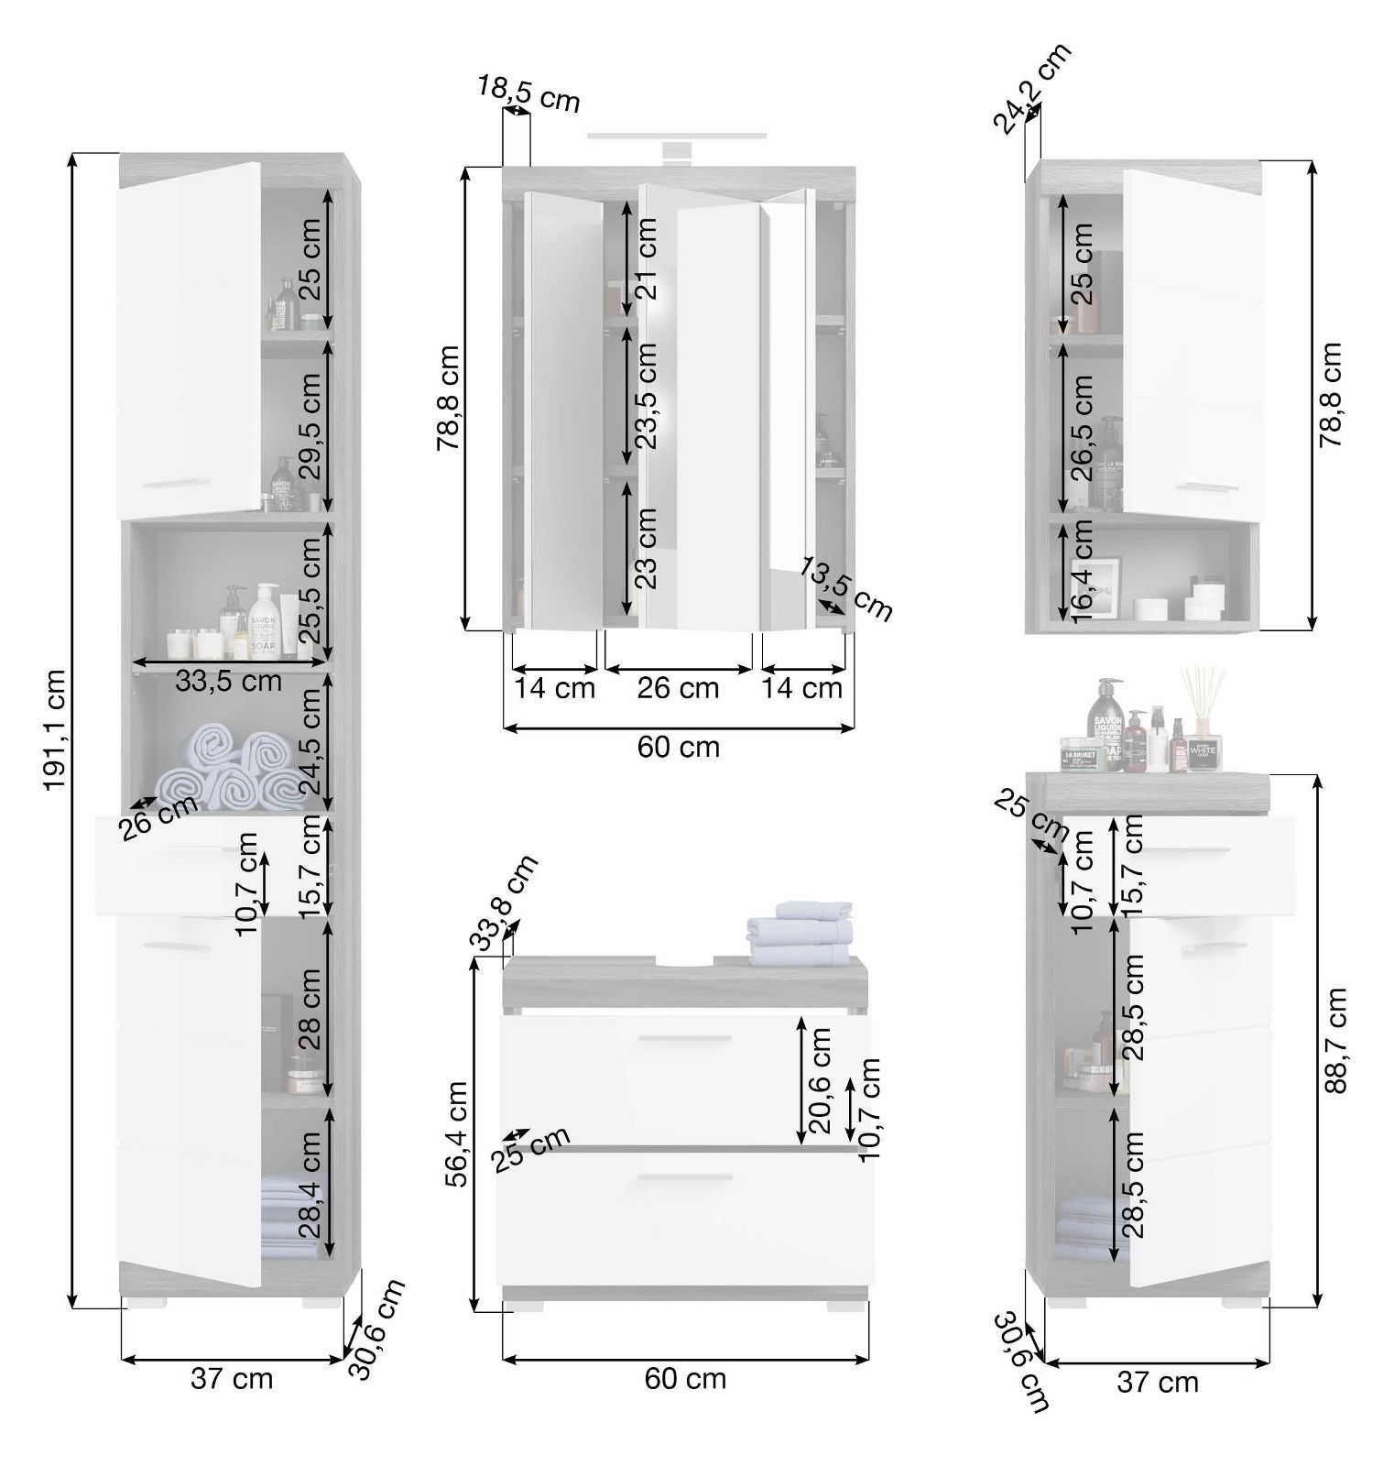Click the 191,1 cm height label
point(54,728)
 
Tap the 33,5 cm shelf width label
point(228,681)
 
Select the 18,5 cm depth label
point(528,93)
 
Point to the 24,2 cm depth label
point(1031,89)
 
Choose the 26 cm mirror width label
point(679,687)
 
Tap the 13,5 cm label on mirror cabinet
point(844,587)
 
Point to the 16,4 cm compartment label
point(1082,572)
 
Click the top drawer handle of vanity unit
point(685,1038)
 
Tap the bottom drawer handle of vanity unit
point(685,1177)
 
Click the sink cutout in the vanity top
point(686,962)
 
